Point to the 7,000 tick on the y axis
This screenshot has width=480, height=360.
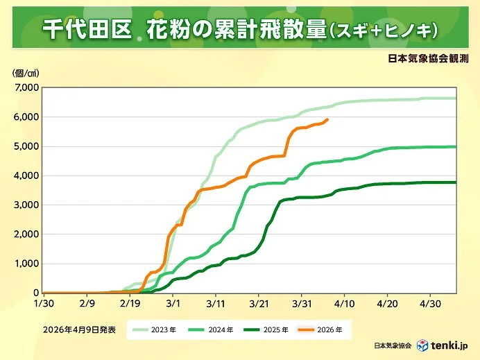[x=27, y=87]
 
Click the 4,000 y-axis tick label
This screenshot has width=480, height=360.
[x=27, y=175]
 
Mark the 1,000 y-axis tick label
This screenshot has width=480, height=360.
[x=27, y=264]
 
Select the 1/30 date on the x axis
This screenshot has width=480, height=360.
[x=43, y=303]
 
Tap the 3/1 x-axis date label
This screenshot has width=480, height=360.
[x=173, y=303]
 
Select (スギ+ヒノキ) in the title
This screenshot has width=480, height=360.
[x=382, y=29]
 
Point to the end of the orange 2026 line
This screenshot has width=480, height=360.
[x=327, y=119]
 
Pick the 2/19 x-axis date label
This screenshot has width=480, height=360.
[x=130, y=303]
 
